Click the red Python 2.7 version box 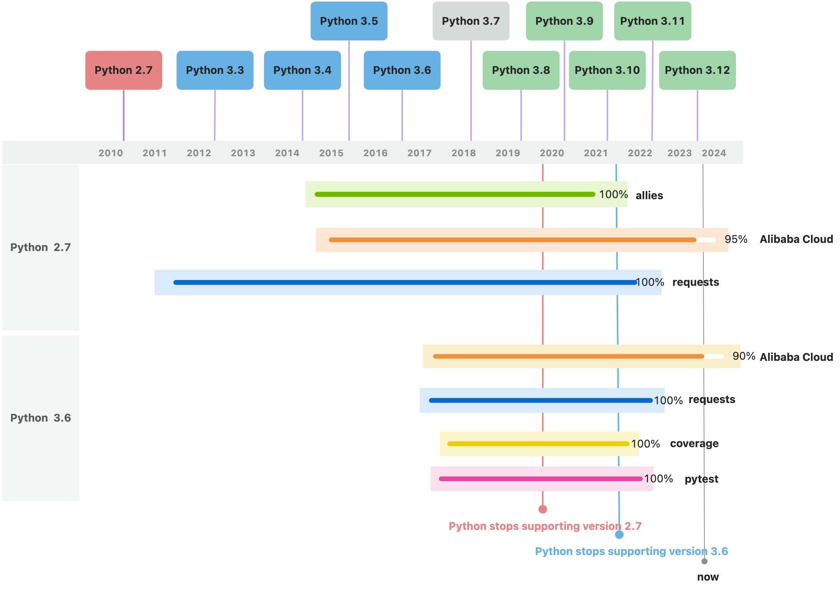[x=123, y=70]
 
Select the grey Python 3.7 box [x=471, y=21]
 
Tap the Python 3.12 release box [x=697, y=70]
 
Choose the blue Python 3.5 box [x=349, y=21]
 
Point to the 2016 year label [x=375, y=153]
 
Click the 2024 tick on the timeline [x=714, y=153]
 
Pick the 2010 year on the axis [x=110, y=153]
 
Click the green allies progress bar [x=455, y=194]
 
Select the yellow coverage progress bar [x=538, y=444]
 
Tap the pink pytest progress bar [x=541, y=479]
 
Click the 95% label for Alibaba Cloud [x=736, y=239]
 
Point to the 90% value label [x=744, y=356]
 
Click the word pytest [x=701, y=479]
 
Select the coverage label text [x=694, y=444]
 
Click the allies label [x=649, y=196]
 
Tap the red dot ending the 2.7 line [x=543, y=509]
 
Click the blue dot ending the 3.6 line [x=619, y=535]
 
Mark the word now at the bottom [x=708, y=577]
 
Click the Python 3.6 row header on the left [x=41, y=418]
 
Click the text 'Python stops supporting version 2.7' [x=545, y=526]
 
